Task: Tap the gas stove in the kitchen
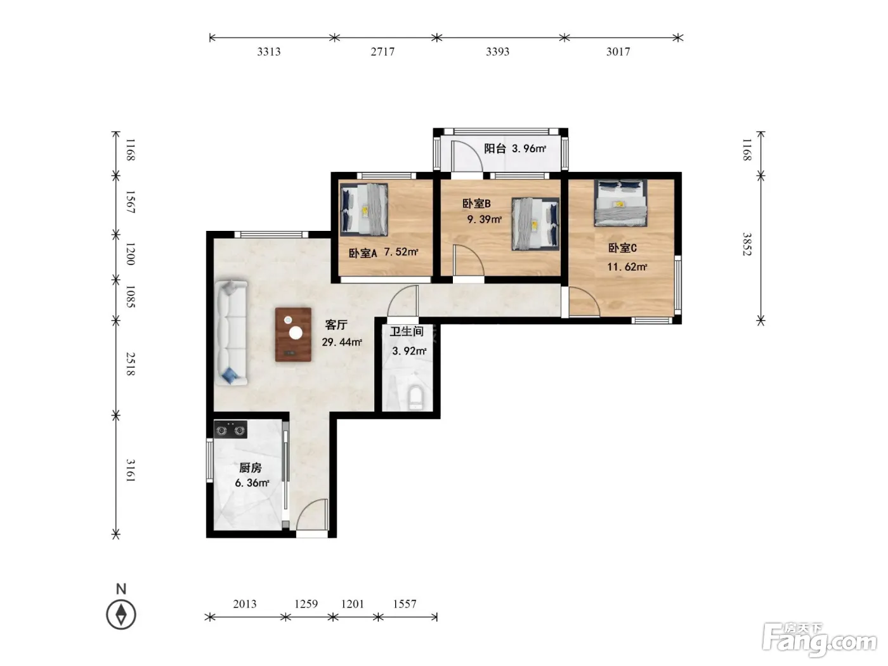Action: tap(230, 429)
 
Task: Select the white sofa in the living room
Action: tap(232, 332)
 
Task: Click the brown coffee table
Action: tap(293, 334)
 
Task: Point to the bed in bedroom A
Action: tap(363, 209)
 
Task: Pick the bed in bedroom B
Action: tap(535, 224)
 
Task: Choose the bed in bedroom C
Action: tap(620, 203)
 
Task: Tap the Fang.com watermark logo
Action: tap(819, 641)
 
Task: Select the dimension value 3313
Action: tap(269, 52)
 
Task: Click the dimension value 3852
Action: tap(747, 244)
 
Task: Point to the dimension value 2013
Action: tap(245, 604)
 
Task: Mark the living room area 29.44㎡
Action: tap(342, 342)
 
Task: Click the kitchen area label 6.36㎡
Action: tap(252, 483)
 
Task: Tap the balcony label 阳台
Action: tap(495, 148)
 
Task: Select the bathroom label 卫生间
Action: tap(407, 332)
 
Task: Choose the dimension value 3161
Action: tap(130, 470)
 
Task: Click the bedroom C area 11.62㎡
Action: tap(627, 267)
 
